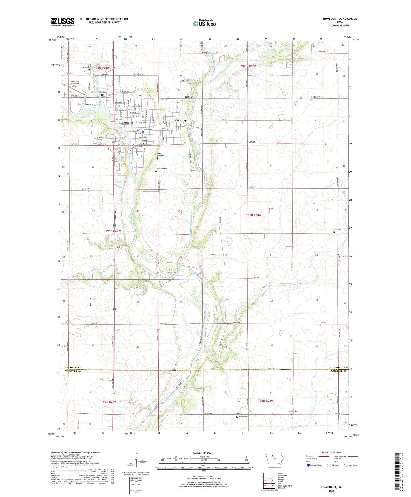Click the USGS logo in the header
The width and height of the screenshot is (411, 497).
(x=62, y=22)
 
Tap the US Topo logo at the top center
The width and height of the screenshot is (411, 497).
(x=204, y=23)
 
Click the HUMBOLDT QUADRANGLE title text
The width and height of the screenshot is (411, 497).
(x=340, y=19)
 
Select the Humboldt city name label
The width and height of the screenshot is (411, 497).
(x=126, y=123)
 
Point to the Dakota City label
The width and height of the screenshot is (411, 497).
(x=179, y=121)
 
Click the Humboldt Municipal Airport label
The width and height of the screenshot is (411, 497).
(x=75, y=84)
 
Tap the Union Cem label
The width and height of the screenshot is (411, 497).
(x=87, y=67)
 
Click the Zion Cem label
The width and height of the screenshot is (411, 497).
(x=337, y=229)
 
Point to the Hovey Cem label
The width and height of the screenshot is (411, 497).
(x=243, y=416)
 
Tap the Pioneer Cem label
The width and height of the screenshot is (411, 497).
(x=293, y=411)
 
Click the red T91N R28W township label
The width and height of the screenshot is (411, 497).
(x=254, y=215)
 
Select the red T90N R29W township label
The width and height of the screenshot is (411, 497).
(x=109, y=402)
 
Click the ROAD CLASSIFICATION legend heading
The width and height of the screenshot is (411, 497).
(x=332, y=452)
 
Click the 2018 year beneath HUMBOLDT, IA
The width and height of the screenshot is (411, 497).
(x=332, y=491)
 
